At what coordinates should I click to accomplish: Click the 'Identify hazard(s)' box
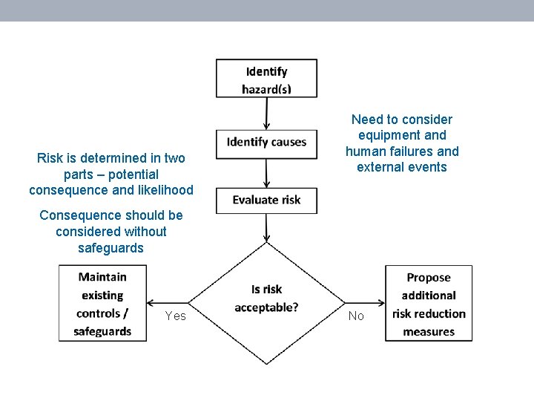pos(266,79)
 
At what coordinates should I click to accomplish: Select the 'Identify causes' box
pos(266,143)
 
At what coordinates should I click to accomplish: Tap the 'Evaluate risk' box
pos(266,200)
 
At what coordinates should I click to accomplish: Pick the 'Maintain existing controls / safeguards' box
pos(102,304)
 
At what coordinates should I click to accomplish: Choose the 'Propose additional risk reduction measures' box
pos(429,304)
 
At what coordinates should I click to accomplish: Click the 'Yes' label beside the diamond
pos(176,316)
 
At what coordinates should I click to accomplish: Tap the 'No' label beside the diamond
pos(356,316)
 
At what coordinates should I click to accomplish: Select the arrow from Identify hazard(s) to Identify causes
pos(266,114)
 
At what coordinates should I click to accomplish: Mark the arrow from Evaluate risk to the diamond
pos(266,228)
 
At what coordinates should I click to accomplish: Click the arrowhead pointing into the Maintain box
pos(151,303)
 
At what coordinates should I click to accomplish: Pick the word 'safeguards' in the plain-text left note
pos(111,248)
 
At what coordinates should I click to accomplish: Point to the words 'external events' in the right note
pos(402,167)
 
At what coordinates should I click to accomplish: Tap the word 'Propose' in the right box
pos(429,278)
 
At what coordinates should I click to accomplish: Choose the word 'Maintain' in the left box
pos(102,277)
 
